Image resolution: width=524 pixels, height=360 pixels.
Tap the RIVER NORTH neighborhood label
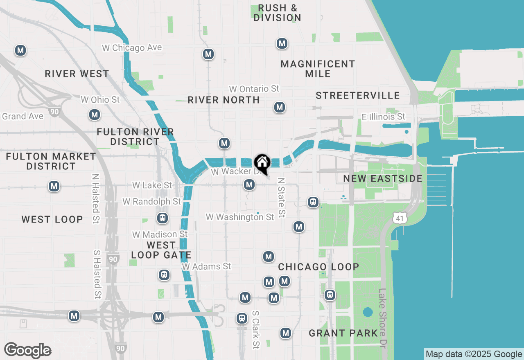point(224,100)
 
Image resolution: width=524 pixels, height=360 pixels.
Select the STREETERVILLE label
point(357,95)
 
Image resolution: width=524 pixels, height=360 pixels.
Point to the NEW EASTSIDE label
point(383,178)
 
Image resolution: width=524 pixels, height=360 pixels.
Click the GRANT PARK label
point(343,333)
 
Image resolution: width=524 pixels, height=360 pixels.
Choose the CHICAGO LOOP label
point(318,267)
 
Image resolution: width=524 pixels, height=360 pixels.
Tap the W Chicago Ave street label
point(132,48)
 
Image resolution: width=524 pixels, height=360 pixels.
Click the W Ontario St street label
point(254,89)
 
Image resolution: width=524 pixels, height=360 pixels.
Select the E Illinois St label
point(383,117)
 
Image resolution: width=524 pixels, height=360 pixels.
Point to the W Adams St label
point(207,267)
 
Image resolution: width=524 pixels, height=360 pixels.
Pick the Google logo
point(27,351)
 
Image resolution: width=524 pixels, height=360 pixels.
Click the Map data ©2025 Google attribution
point(474,354)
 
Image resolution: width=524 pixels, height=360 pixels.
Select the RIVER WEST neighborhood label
point(77,74)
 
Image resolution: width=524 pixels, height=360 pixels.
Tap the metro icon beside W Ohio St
point(95,115)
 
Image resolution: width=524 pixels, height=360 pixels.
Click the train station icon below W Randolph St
point(163,218)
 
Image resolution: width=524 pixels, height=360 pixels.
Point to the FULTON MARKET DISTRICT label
point(51,161)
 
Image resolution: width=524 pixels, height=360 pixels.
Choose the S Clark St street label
point(256,329)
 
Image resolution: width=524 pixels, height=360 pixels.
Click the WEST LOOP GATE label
point(161,250)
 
